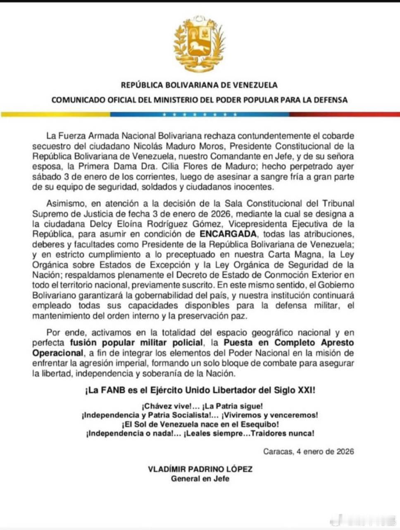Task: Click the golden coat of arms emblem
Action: (x=200, y=44)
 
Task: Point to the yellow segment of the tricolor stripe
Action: (x=54, y=114)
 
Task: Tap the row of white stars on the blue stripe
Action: (x=200, y=114)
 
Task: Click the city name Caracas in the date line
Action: (x=277, y=451)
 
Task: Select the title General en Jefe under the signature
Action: (x=200, y=479)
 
